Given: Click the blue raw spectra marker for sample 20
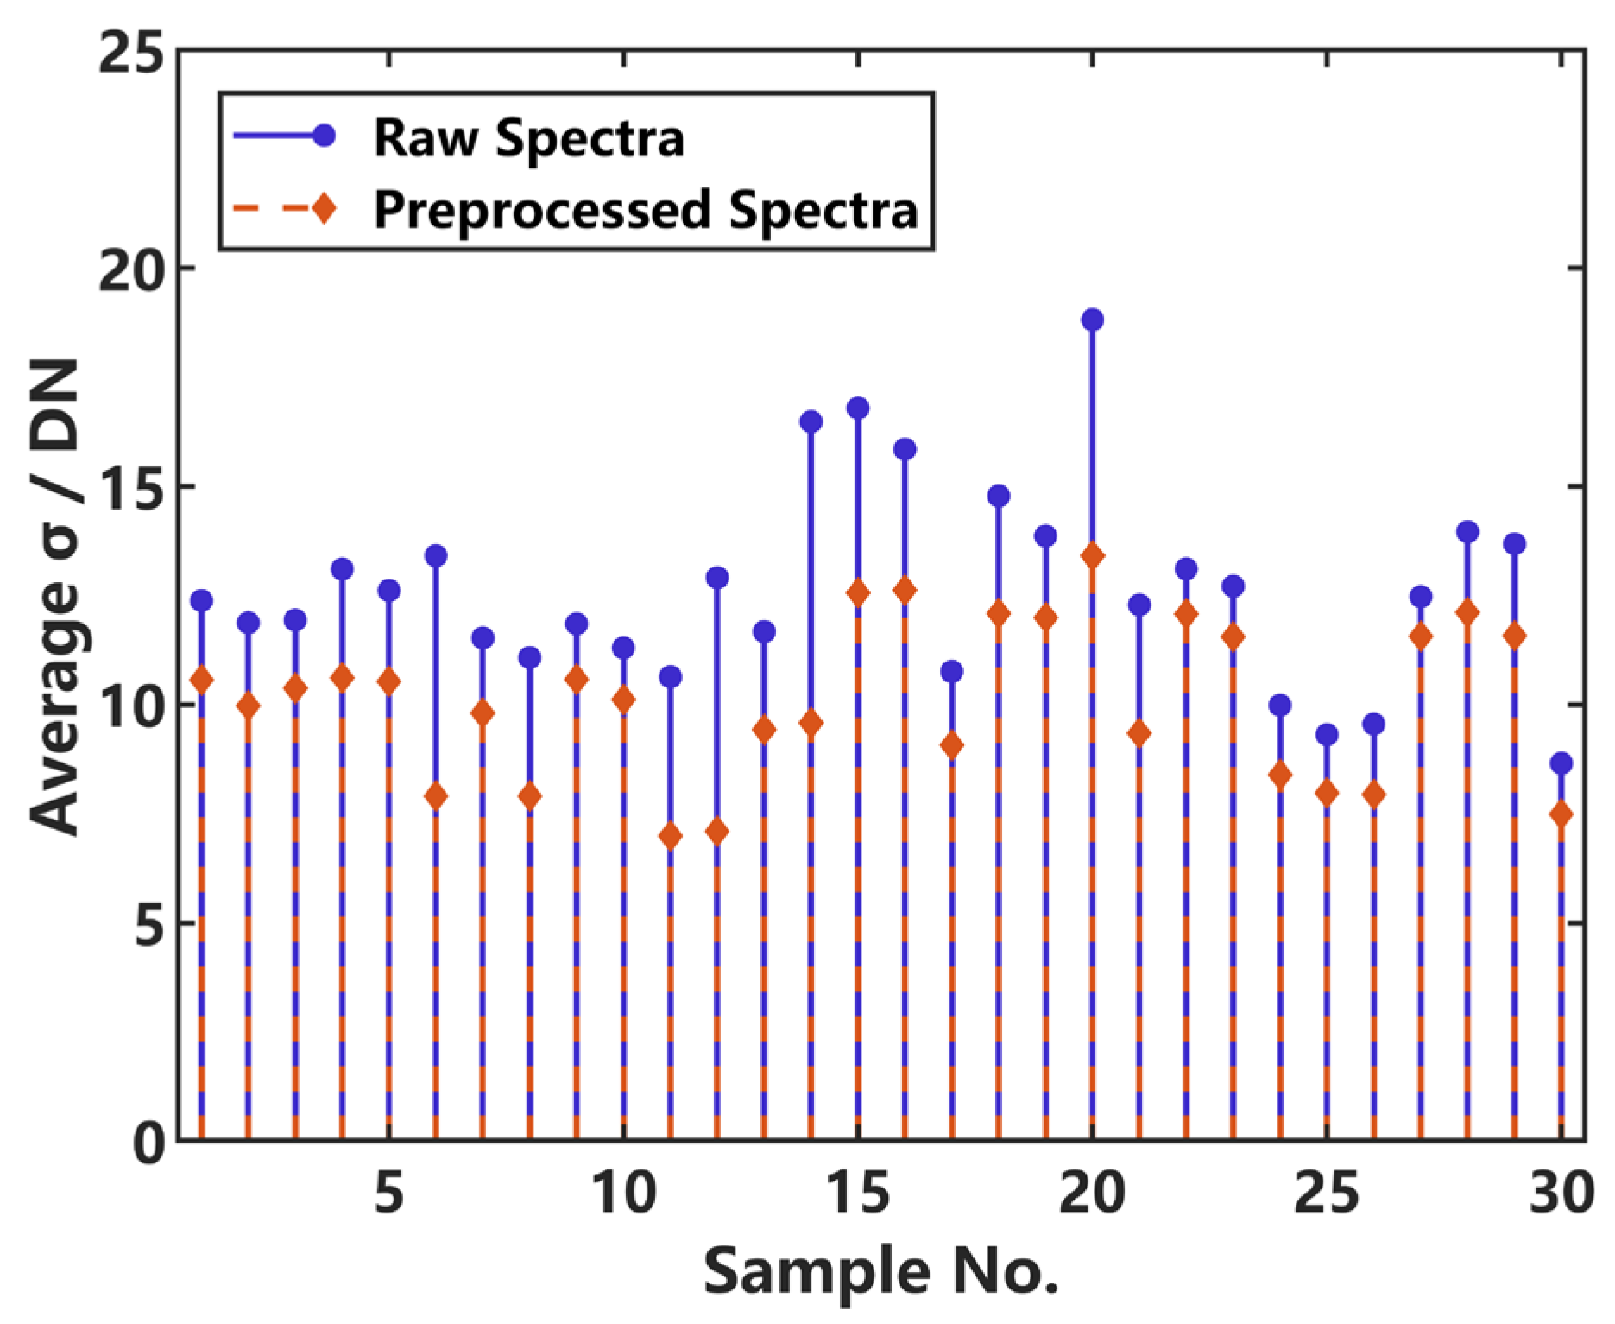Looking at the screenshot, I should pos(1092,320).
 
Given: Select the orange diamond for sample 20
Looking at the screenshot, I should pos(1092,555).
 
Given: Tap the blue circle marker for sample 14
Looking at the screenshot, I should pos(811,421).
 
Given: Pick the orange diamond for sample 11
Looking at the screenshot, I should pos(670,836).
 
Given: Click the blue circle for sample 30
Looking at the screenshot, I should pos(1561,763).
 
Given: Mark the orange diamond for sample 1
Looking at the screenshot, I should pos(201,681).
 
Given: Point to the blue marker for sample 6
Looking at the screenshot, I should pos(436,555).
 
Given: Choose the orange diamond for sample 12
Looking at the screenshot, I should pos(716,832).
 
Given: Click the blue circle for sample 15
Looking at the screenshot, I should pos(858,408).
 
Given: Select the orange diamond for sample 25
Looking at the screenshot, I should pos(1327,793).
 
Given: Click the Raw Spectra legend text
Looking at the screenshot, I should pos(528,138).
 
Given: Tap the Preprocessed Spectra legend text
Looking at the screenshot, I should pos(646,210).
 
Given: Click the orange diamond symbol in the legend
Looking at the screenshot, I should pos(325,208).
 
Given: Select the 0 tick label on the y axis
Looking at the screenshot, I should pos(148,1143).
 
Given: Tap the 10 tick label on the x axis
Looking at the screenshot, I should pos(623,1194).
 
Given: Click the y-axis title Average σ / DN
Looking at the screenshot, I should pos(55,596).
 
